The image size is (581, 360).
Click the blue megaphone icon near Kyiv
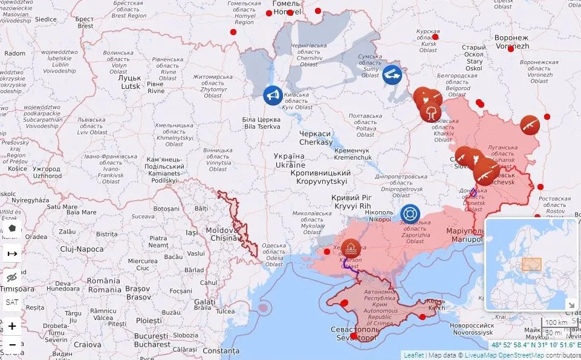click(273, 95)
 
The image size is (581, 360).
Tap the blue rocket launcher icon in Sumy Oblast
click(393, 74)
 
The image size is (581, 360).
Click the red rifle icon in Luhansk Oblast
click(530, 125)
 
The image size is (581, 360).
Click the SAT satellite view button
click(12, 302)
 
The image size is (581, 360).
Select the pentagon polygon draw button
click(12, 229)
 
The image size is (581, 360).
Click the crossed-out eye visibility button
click(12, 278)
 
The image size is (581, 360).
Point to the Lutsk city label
click(129, 82)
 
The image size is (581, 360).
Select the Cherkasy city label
click(316, 138)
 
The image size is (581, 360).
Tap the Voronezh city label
click(511, 42)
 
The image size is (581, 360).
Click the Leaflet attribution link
click(414, 355)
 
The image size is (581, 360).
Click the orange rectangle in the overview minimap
click(531, 264)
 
